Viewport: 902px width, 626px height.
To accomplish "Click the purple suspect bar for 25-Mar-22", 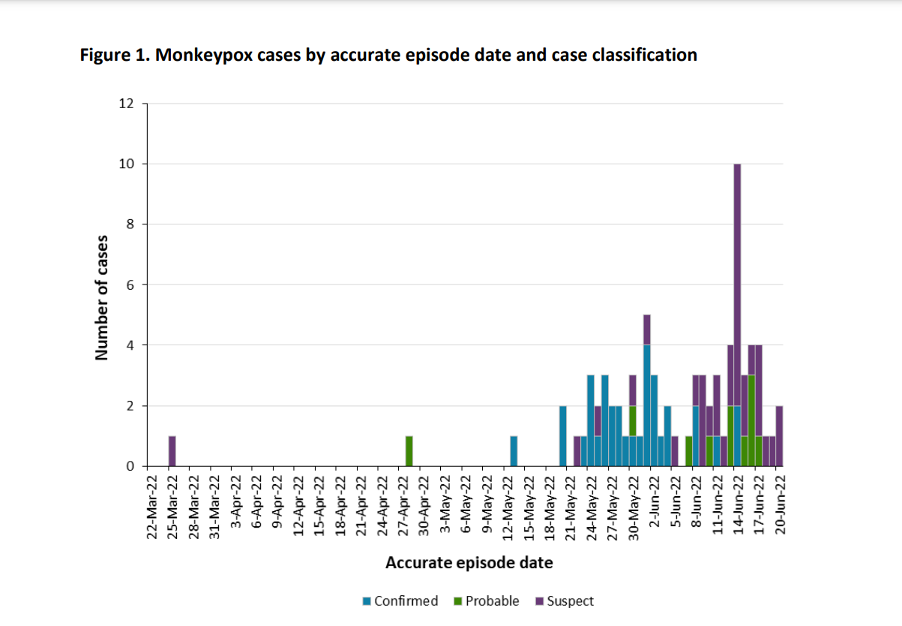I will point(172,451).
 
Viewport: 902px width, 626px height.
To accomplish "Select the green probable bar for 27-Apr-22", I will point(409,451).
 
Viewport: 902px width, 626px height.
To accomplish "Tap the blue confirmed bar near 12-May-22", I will point(514,451).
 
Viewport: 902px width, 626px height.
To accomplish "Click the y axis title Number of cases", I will point(102,297).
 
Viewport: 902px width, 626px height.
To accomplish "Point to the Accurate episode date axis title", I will point(469,562).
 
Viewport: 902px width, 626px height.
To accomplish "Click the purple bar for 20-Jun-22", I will point(779,436).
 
